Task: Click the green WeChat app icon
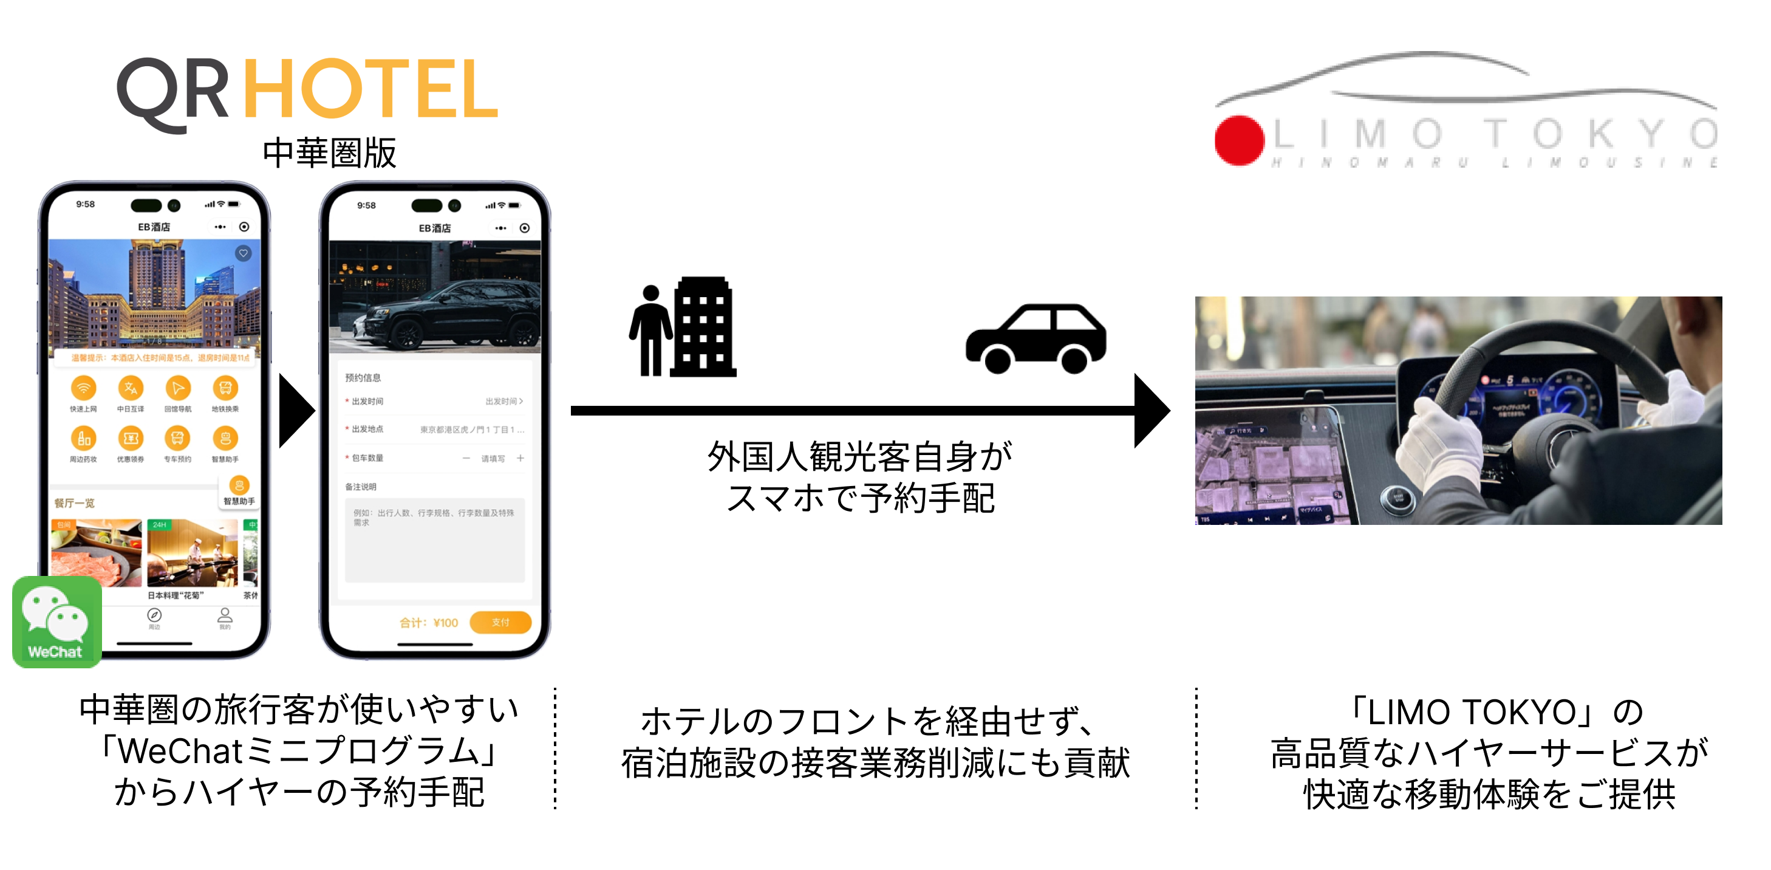(x=56, y=621)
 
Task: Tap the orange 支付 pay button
(x=500, y=622)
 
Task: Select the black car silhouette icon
(x=1036, y=338)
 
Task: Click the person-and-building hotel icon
(x=683, y=328)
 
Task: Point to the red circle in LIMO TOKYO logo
(x=1239, y=140)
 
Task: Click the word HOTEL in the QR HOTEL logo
(x=370, y=89)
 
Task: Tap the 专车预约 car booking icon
(x=177, y=438)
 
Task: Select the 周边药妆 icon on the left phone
(x=83, y=438)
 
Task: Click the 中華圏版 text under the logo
(x=329, y=152)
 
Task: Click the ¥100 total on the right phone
(x=446, y=622)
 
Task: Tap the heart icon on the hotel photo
(x=244, y=253)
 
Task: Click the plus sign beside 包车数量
(x=520, y=458)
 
